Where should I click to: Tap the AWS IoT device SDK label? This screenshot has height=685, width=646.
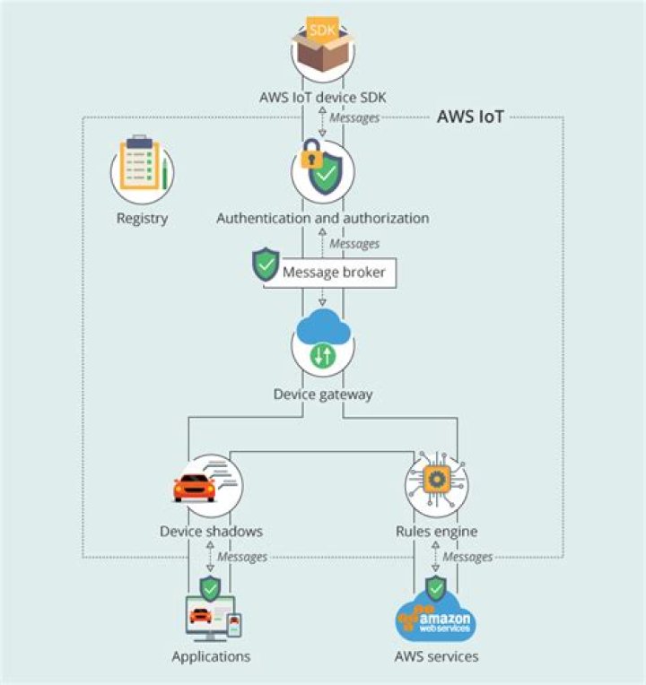tap(322, 98)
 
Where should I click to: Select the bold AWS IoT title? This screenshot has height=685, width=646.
tap(469, 117)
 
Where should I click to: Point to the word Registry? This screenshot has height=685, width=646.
tap(142, 218)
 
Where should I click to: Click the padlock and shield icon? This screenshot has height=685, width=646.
tap(322, 169)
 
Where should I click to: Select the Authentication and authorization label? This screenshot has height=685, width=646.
tap(322, 218)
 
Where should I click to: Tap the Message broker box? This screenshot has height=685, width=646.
tap(334, 273)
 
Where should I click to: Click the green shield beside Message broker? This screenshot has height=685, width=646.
tap(266, 264)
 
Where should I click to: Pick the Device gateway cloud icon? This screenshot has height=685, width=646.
tap(323, 341)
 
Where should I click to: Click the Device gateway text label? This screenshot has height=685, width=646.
tap(322, 394)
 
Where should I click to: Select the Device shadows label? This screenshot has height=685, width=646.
tap(211, 532)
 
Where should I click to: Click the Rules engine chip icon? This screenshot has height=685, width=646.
tap(435, 480)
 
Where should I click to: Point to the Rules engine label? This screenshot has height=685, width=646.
tap(436, 532)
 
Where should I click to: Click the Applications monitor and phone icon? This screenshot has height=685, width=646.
tap(211, 619)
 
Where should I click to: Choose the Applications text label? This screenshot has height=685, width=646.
tap(211, 656)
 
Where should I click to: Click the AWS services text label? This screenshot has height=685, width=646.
tap(436, 656)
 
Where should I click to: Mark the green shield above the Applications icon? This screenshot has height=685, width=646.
tap(211, 588)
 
